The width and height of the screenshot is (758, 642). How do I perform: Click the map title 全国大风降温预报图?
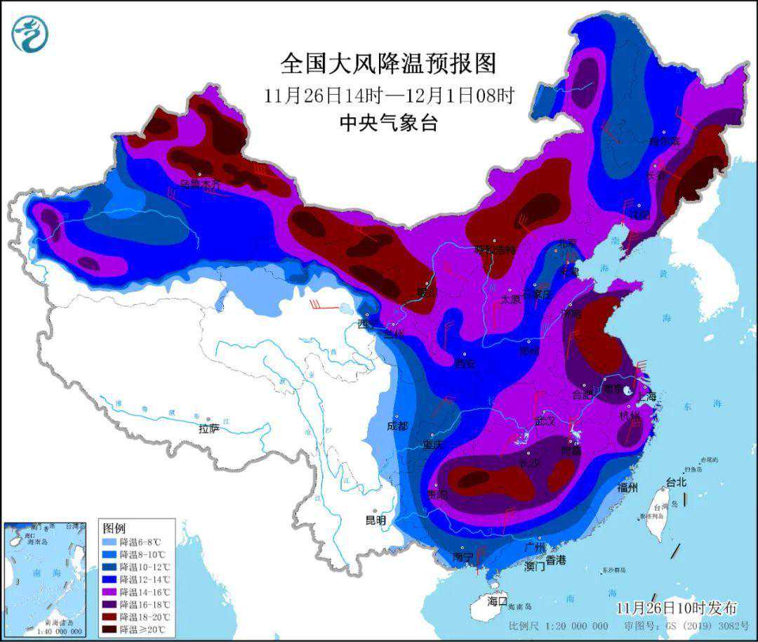coord(388,64)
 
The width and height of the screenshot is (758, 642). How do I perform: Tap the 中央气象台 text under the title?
coord(388,124)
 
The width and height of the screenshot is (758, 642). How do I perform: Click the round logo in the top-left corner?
coord(29,34)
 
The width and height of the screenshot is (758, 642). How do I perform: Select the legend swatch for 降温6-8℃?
coord(109,542)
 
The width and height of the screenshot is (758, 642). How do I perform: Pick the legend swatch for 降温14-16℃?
coord(109,591)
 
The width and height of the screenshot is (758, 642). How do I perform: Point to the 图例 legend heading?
coord(115,528)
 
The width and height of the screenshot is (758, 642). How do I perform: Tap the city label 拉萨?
coord(209,428)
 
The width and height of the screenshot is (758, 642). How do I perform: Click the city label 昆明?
coord(375,520)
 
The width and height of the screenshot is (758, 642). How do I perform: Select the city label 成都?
coord(397,426)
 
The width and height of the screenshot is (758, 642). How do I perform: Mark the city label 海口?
coord(497,601)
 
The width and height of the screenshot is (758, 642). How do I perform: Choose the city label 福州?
coord(627,487)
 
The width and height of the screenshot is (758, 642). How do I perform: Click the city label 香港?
coord(555,560)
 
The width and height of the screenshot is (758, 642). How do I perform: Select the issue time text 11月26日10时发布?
coord(677,608)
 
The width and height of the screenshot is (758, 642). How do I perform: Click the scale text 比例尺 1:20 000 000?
coord(559,626)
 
